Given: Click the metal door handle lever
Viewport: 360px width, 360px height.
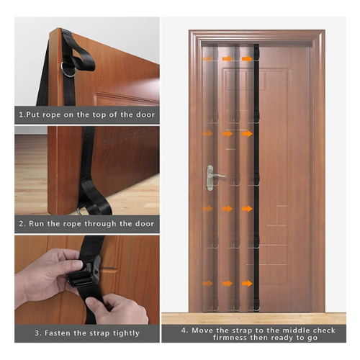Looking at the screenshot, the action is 217,176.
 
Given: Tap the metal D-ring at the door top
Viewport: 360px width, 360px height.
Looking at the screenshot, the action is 68,69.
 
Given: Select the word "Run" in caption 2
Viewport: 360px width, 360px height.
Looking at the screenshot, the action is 36,224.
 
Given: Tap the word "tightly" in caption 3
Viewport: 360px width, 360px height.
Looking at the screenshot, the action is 126,333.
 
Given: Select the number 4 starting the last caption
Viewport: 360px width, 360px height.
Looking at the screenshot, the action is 184,330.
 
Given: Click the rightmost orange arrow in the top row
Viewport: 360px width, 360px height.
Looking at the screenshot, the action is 247,59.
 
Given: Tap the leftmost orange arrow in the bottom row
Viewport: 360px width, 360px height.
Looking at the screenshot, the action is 207,284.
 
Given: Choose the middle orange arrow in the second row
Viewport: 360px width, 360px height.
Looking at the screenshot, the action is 228,134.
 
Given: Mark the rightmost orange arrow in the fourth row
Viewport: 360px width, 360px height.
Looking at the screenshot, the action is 247,209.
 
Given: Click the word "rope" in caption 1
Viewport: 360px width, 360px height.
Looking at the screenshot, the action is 52,115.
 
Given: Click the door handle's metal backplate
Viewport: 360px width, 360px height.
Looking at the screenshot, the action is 210,178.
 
